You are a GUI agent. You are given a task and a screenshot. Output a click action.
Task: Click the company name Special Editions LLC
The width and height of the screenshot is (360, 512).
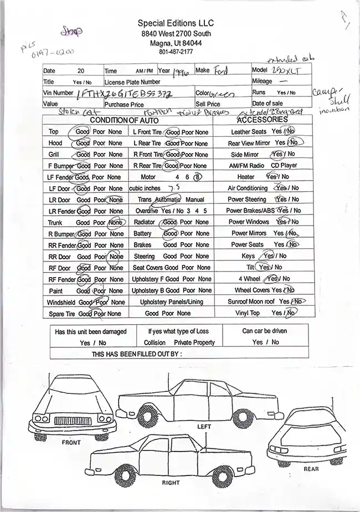[x=176, y=23]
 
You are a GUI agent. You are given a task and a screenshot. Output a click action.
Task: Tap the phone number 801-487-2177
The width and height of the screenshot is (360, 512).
[x=176, y=52]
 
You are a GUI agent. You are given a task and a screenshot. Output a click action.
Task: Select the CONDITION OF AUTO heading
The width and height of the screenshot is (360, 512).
[x=124, y=120]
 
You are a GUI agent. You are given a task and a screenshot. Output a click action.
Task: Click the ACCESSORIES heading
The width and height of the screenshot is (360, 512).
[x=262, y=120]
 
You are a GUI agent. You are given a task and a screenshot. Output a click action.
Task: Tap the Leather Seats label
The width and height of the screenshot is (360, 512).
[x=248, y=132]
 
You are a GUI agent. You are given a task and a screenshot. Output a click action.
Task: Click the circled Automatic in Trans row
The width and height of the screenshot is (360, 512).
[x=168, y=199]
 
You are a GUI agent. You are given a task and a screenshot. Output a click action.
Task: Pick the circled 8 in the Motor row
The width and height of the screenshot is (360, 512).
[x=197, y=177]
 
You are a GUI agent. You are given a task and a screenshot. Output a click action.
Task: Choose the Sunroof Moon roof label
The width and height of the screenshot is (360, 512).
[x=251, y=301]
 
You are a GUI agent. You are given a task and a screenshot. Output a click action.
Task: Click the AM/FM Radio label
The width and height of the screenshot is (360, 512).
[x=246, y=166]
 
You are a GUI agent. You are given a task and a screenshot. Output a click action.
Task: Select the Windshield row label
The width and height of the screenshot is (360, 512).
[x=61, y=303]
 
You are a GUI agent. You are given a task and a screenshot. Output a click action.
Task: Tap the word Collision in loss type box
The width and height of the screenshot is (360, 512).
[x=155, y=342]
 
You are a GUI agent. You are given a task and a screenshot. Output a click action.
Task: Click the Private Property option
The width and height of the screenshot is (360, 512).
[x=194, y=342]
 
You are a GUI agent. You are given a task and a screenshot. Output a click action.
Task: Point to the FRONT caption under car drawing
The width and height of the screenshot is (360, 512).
[x=71, y=442]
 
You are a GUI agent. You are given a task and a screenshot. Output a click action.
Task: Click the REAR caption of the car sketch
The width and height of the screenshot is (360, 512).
[x=311, y=469]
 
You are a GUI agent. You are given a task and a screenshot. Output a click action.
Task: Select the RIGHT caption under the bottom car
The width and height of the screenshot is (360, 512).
[x=171, y=483]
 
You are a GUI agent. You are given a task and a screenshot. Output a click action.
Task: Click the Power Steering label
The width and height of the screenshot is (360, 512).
[x=246, y=199]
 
